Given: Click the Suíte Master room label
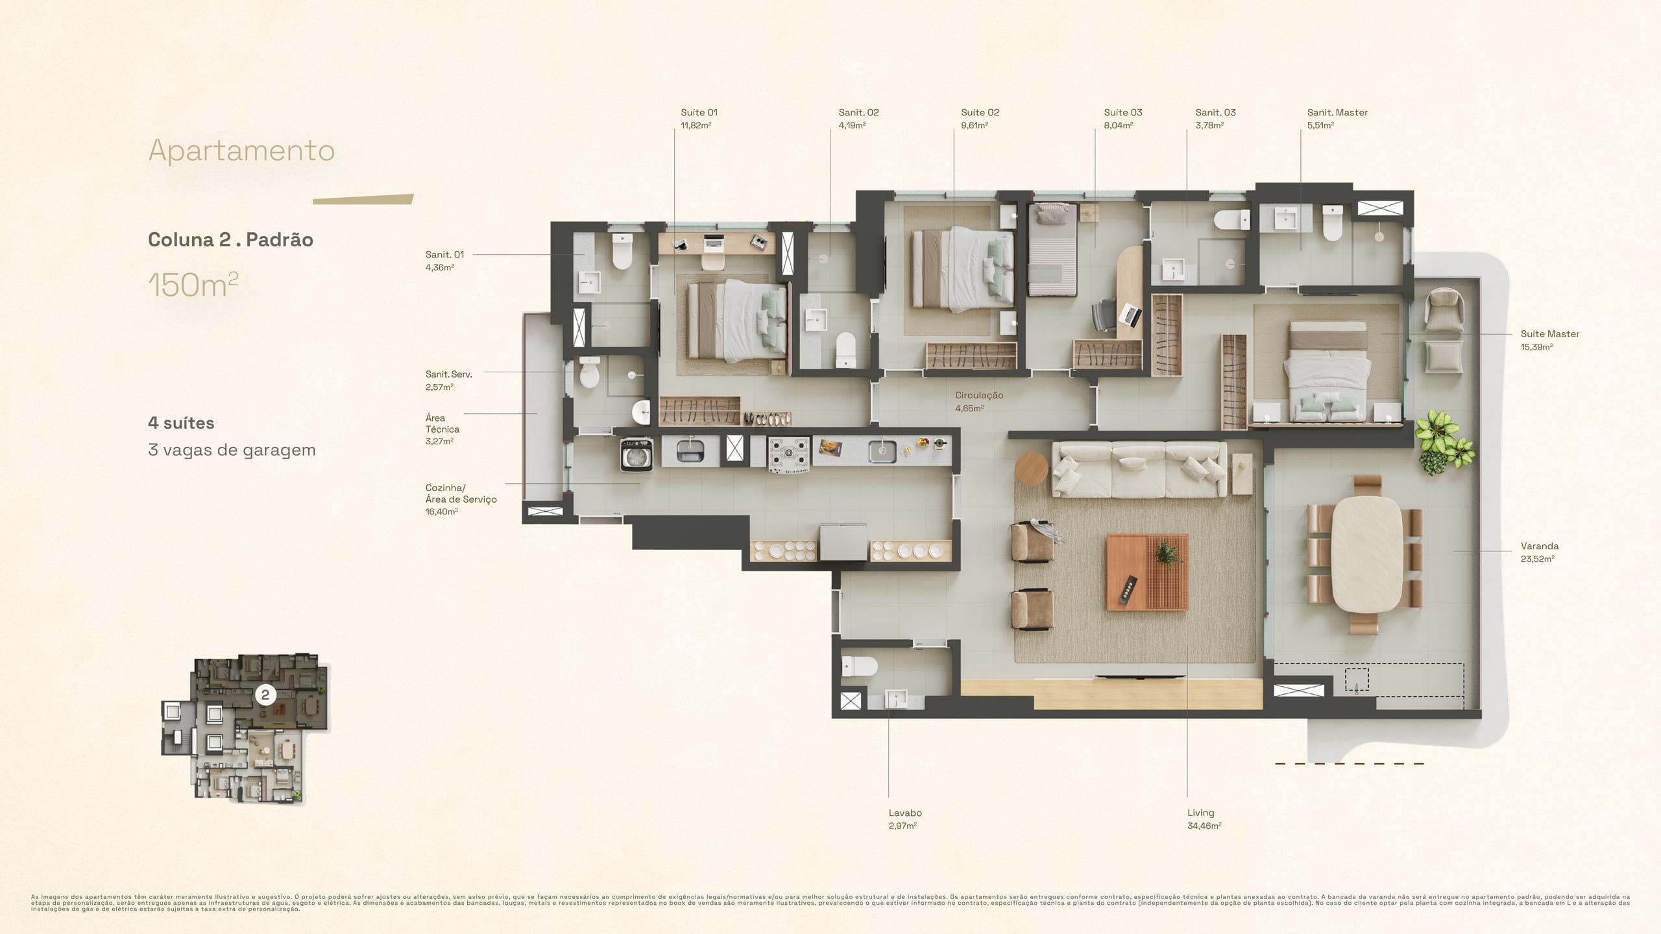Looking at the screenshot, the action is [x=1549, y=334].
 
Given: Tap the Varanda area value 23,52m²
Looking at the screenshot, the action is [x=1537, y=558].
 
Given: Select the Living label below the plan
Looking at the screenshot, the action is [x=1200, y=813].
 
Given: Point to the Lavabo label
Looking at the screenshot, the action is [x=905, y=813].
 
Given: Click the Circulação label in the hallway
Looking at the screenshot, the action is [x=979, y=395].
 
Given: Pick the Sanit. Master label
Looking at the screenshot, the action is [x=1337, y=112].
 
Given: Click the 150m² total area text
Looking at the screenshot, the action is [x=193, y=285].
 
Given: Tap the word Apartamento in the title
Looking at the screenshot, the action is [x=241, y=150].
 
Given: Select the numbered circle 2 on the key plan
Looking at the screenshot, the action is [x=265, y=695].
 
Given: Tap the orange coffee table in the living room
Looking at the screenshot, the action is [x=1147, y=572].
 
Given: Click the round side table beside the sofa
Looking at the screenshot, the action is [x=1032, y=468].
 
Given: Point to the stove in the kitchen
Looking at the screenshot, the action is [x=789, y=453].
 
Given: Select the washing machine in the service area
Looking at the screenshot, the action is [x=637, y=453].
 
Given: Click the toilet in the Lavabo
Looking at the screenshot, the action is [x=859, y=666].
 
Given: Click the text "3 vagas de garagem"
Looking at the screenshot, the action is [x=232, y=450].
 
